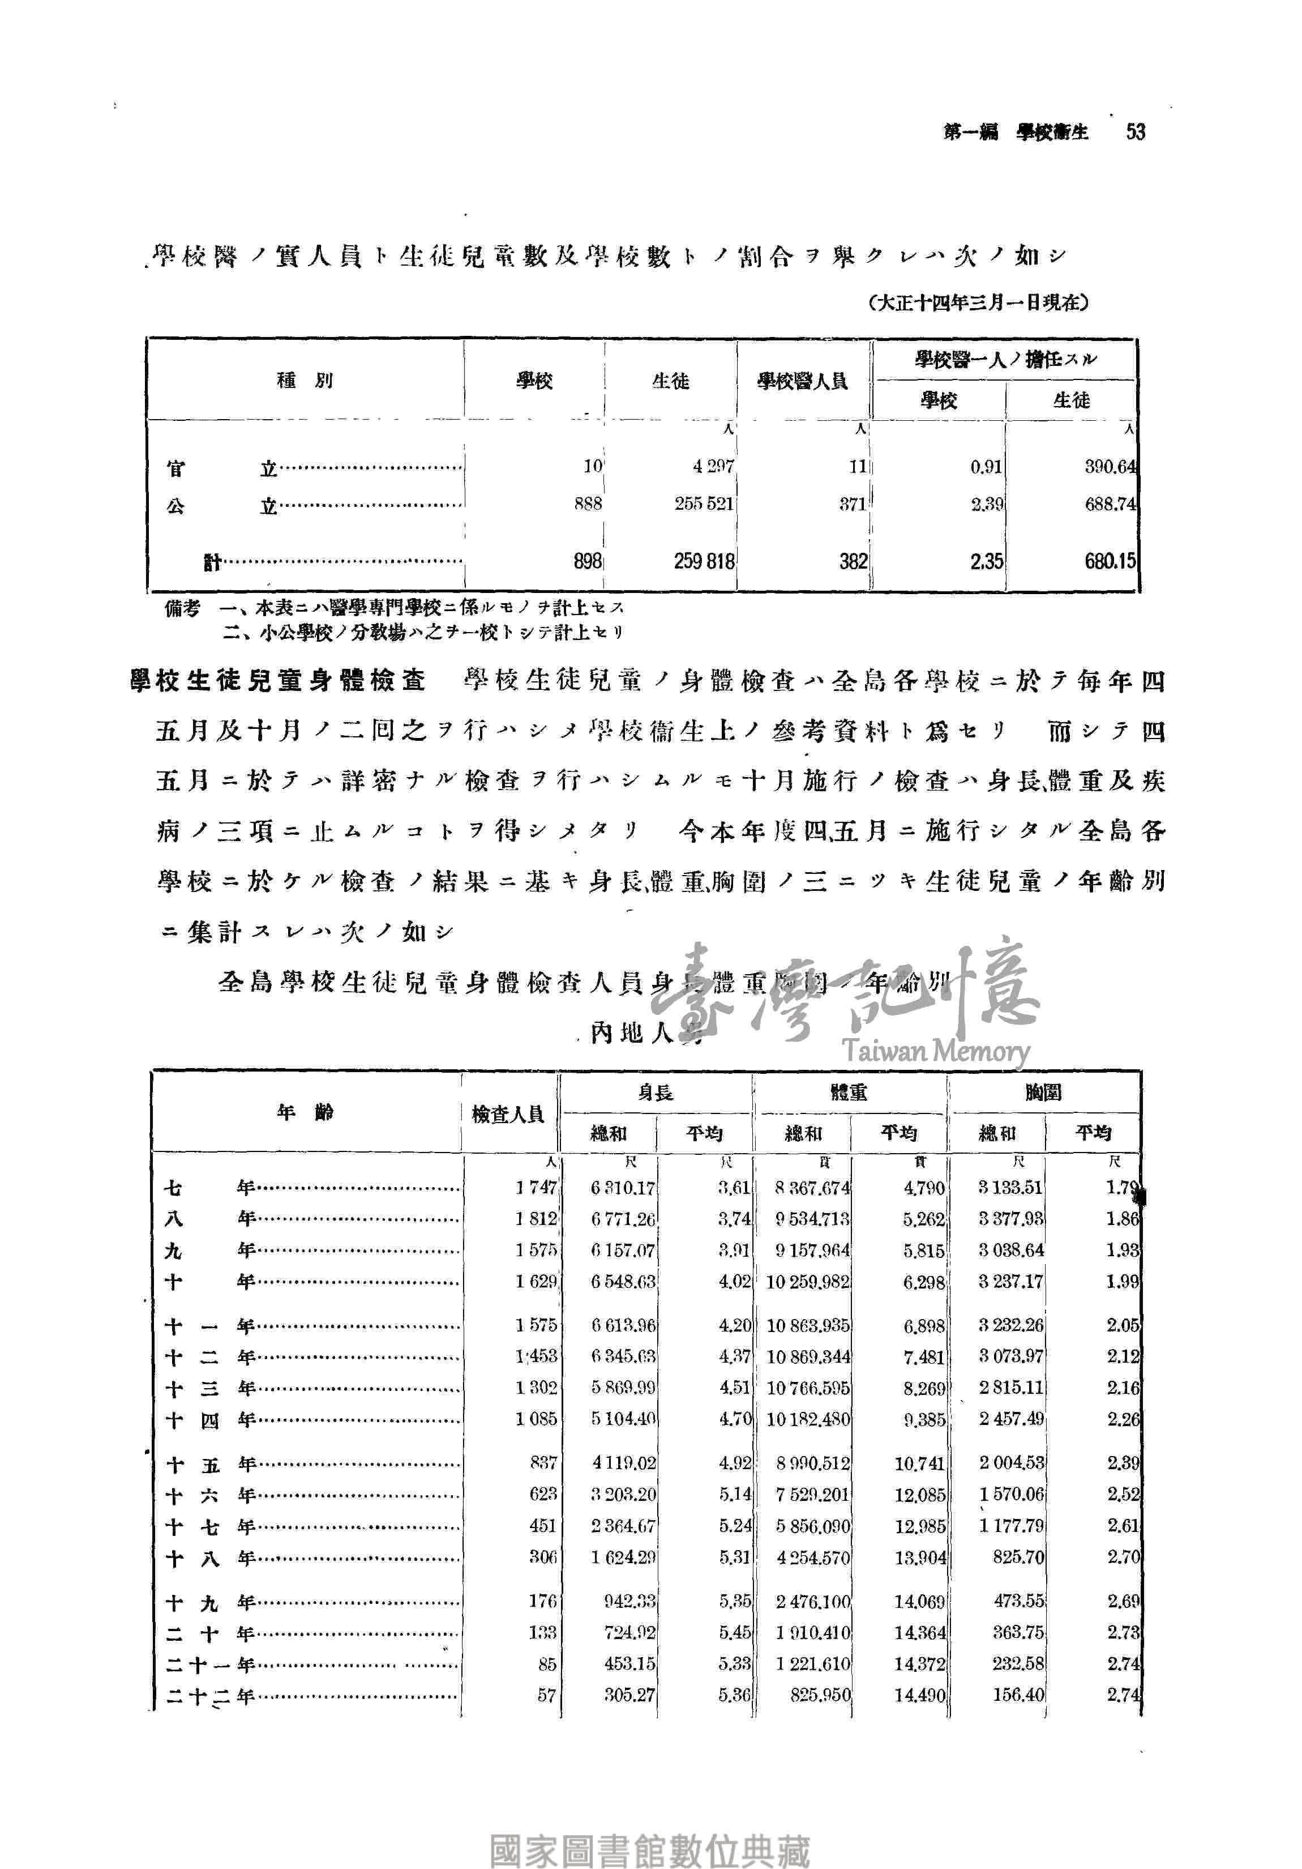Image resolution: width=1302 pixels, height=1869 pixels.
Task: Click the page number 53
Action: (x=1135, y=131)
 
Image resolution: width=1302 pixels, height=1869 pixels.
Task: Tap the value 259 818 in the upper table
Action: (x=704, y=561)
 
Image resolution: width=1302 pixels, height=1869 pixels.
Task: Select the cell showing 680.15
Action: (x=1109, y=561)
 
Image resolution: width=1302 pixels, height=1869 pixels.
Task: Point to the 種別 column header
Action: (x=305, y=380)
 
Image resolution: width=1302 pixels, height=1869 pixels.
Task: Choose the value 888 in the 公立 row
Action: (x=588, y=504)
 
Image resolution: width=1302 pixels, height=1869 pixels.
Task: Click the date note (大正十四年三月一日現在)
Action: (x=979, y=303)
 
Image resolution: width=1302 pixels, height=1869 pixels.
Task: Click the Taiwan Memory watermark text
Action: (x=936, y=1051)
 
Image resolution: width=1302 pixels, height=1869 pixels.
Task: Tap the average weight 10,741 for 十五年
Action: (x=919, y=1463)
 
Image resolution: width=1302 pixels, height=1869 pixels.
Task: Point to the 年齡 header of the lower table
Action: (x=305, y=1112)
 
